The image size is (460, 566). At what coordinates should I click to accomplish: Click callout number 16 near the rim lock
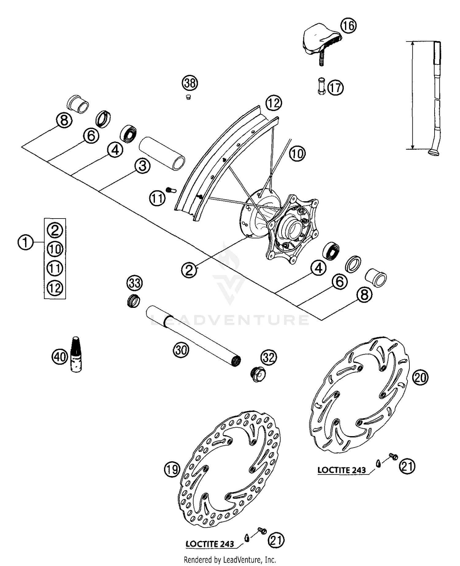(348, 26)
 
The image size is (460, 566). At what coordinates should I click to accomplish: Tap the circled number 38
(190, 83)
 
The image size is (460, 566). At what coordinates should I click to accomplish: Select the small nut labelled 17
(321, 87)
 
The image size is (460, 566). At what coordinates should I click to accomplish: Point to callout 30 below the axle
(181, 350)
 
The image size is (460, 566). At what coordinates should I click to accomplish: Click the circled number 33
(135, 283)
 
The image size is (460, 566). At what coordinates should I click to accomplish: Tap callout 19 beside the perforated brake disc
(172, 469)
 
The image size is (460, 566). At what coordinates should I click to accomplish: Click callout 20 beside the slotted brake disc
(420, 377)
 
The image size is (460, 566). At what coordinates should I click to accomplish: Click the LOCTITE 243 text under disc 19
(210, 544)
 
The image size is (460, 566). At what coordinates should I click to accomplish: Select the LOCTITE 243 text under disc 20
(341, 470)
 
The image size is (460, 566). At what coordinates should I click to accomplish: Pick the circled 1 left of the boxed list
(25, 242)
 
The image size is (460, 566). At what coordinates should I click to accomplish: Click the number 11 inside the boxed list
(55, 268)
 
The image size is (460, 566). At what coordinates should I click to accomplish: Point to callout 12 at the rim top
(274, 103)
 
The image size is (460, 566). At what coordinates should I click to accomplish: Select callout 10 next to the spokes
(297, 153)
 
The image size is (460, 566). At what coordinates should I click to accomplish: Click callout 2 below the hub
(189, 270)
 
